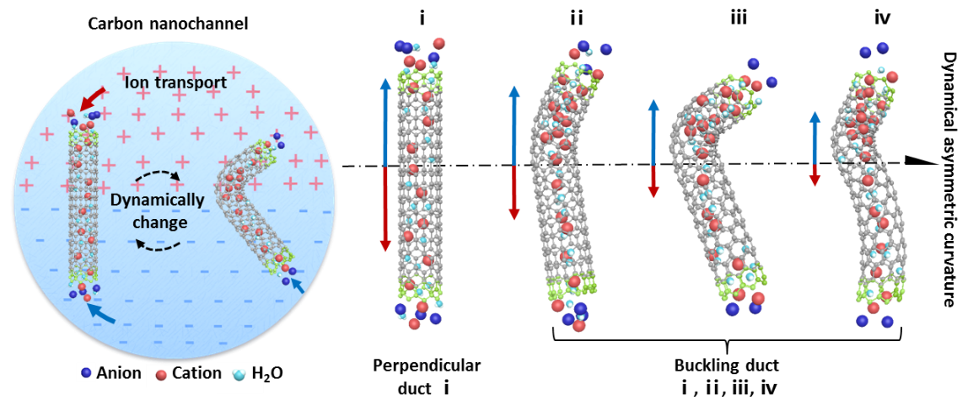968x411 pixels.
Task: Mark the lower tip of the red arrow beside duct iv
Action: tap(815, 185)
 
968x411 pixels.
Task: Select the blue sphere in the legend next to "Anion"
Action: tap(86, 373)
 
